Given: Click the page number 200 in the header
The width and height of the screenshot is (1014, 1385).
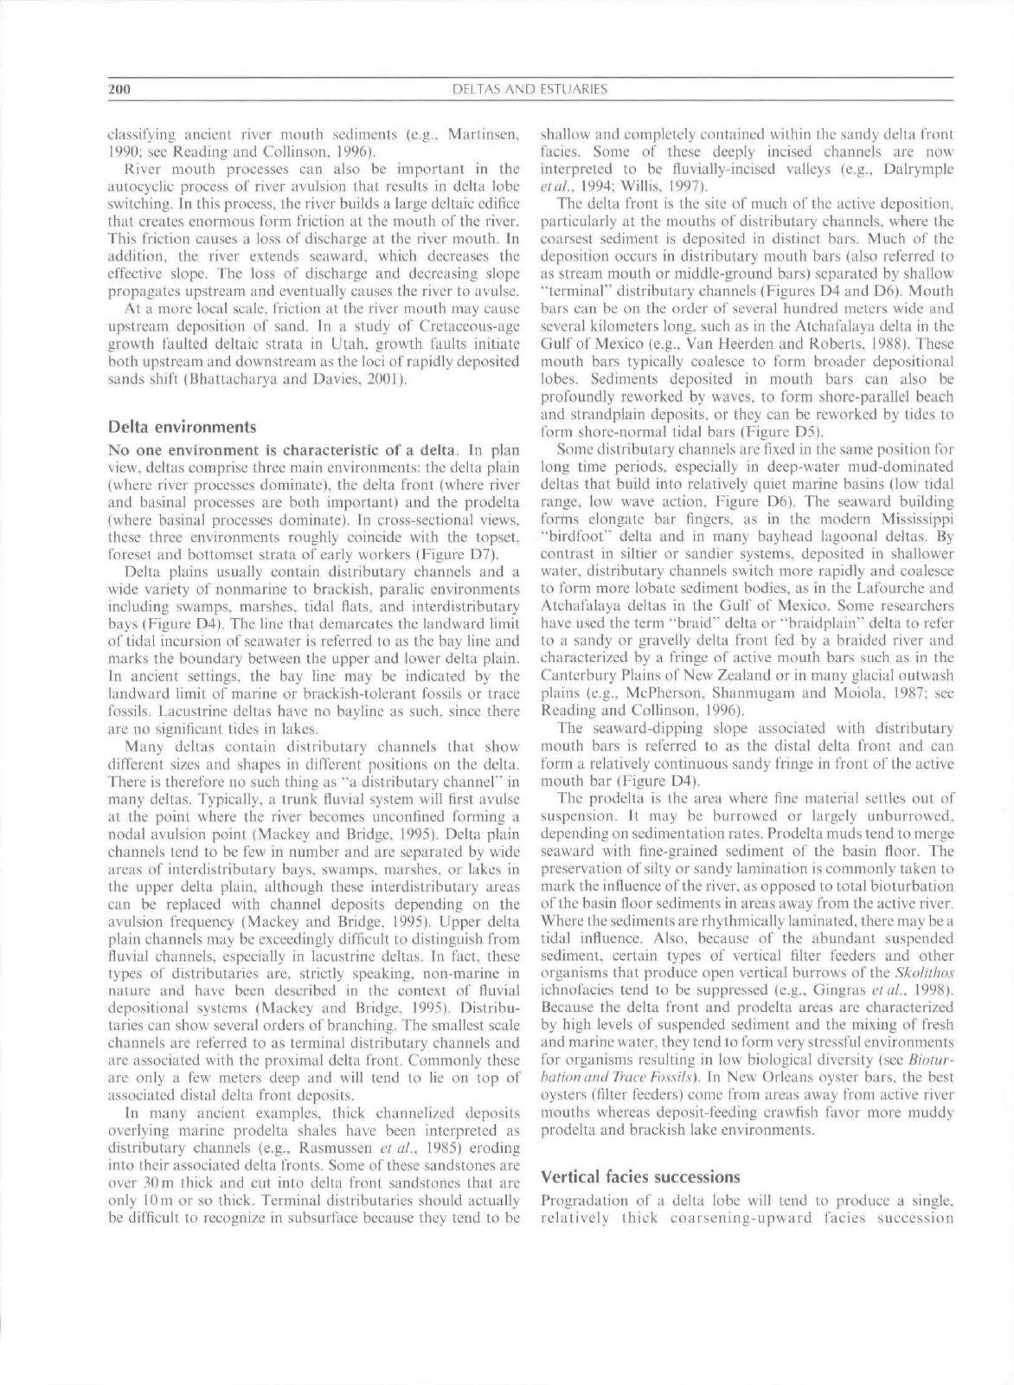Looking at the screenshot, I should coord(119,89).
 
